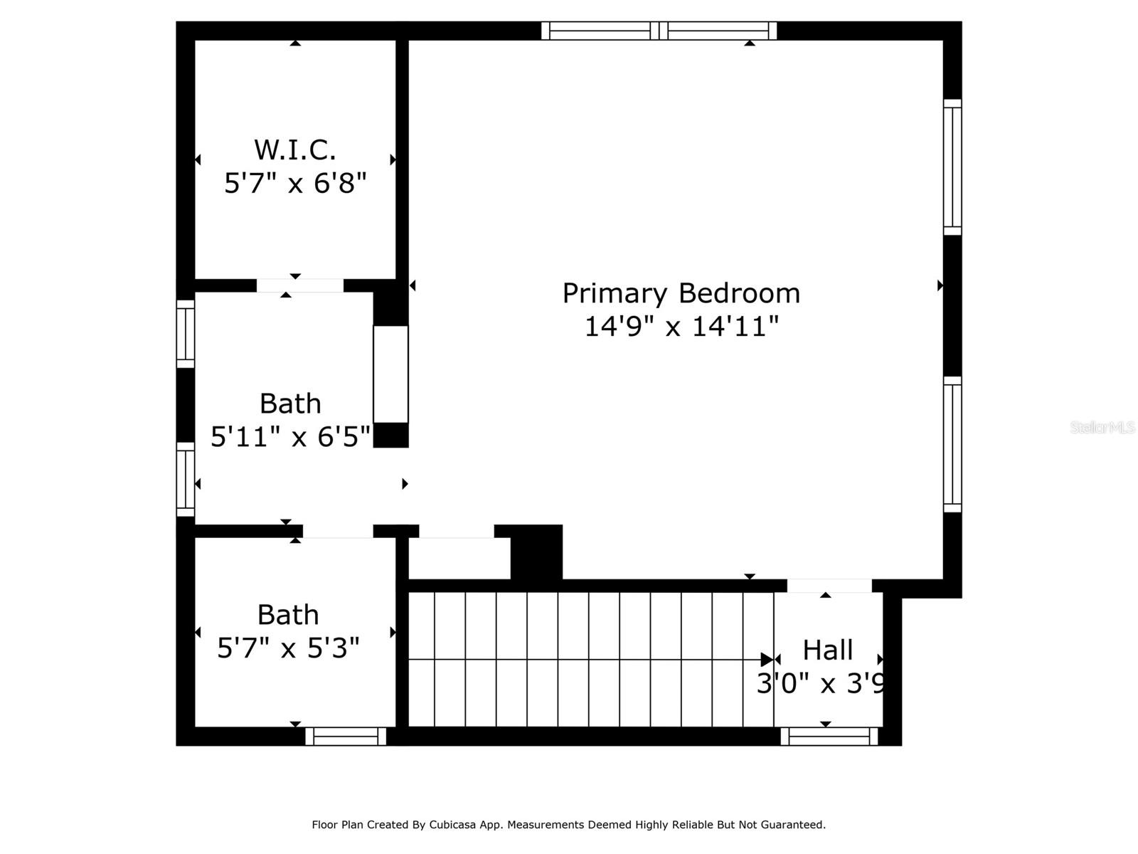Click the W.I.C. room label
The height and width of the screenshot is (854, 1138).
click(x=294, y=150)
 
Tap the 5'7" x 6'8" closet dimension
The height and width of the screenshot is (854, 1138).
click(x=294, y=184)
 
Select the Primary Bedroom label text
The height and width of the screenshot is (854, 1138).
click(x=681, y=293)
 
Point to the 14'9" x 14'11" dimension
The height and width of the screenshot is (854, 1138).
click(x=681, y=327)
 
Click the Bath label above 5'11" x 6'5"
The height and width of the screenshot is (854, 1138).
click(x=290, y=404)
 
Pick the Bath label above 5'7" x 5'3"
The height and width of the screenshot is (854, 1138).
click(x=287, y=615)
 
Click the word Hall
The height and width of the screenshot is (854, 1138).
click(x=827, y=650)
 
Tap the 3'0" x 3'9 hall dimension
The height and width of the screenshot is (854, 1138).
click(x=821, y=684)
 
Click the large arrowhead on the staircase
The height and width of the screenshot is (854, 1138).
click(x=767, y=660)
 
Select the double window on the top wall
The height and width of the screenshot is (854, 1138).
click(x=659, y=31)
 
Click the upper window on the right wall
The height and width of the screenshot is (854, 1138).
click(x=952, y=167)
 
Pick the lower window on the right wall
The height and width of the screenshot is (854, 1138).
click(x=952, y=445)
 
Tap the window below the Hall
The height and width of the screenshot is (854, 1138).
click(x=829, y=737)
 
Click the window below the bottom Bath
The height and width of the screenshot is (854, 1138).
click(x=346, y=737)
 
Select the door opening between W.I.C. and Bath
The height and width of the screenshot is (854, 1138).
click(x=299, y=285)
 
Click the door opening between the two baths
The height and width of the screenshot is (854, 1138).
click(x=338, y=531)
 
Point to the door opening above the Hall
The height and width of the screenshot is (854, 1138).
click(x=829, y=586)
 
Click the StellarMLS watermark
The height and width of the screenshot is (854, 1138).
click(x=1102, y=427)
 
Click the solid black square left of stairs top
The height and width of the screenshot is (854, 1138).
click(x=537, y=552)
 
